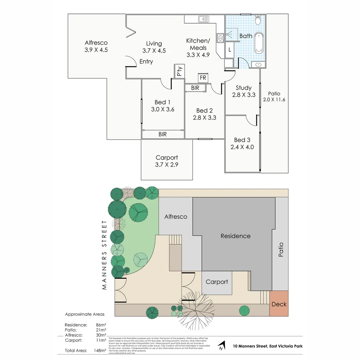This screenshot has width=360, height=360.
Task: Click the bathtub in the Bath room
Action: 259,43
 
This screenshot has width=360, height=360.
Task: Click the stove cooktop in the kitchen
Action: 220,38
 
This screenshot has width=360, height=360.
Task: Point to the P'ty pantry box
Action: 179,71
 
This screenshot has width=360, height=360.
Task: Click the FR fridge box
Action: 203,78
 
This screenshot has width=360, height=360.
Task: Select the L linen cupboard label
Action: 230,50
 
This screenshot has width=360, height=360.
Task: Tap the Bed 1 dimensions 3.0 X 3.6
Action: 163,109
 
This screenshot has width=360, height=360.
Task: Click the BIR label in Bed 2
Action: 195,88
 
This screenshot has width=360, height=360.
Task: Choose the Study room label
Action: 243,88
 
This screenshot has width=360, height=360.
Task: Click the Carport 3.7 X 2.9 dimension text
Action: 167,164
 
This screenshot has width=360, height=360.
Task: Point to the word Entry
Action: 146,62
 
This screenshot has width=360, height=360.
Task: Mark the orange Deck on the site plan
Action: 279,304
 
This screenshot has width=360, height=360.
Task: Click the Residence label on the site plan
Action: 235,236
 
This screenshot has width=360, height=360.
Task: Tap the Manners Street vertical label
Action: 104,255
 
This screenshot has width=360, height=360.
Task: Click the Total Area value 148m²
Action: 100,350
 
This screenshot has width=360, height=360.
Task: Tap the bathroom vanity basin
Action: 258,64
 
